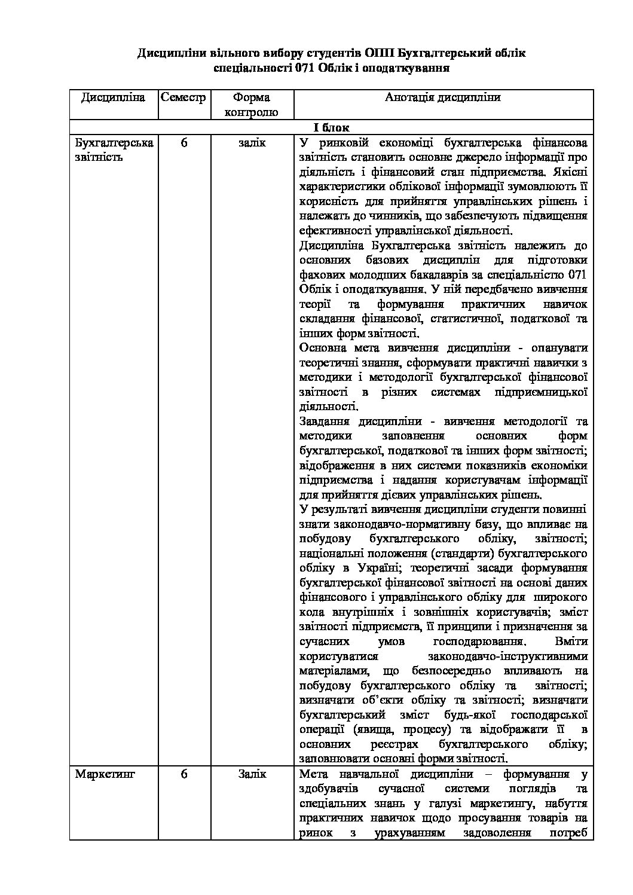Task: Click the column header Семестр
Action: [184, 97]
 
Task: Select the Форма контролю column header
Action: [251, 104]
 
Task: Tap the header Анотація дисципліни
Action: [443, 97]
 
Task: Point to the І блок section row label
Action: [331, 128]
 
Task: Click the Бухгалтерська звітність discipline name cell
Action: [114, 150]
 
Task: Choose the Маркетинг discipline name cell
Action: [105, 774]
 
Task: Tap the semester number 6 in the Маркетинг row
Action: [184, 774]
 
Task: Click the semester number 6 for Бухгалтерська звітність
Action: [184, 143]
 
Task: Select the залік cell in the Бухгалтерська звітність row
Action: [252, 143]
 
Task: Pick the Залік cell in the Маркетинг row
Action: [252, 774]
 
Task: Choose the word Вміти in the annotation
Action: [571, 641]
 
